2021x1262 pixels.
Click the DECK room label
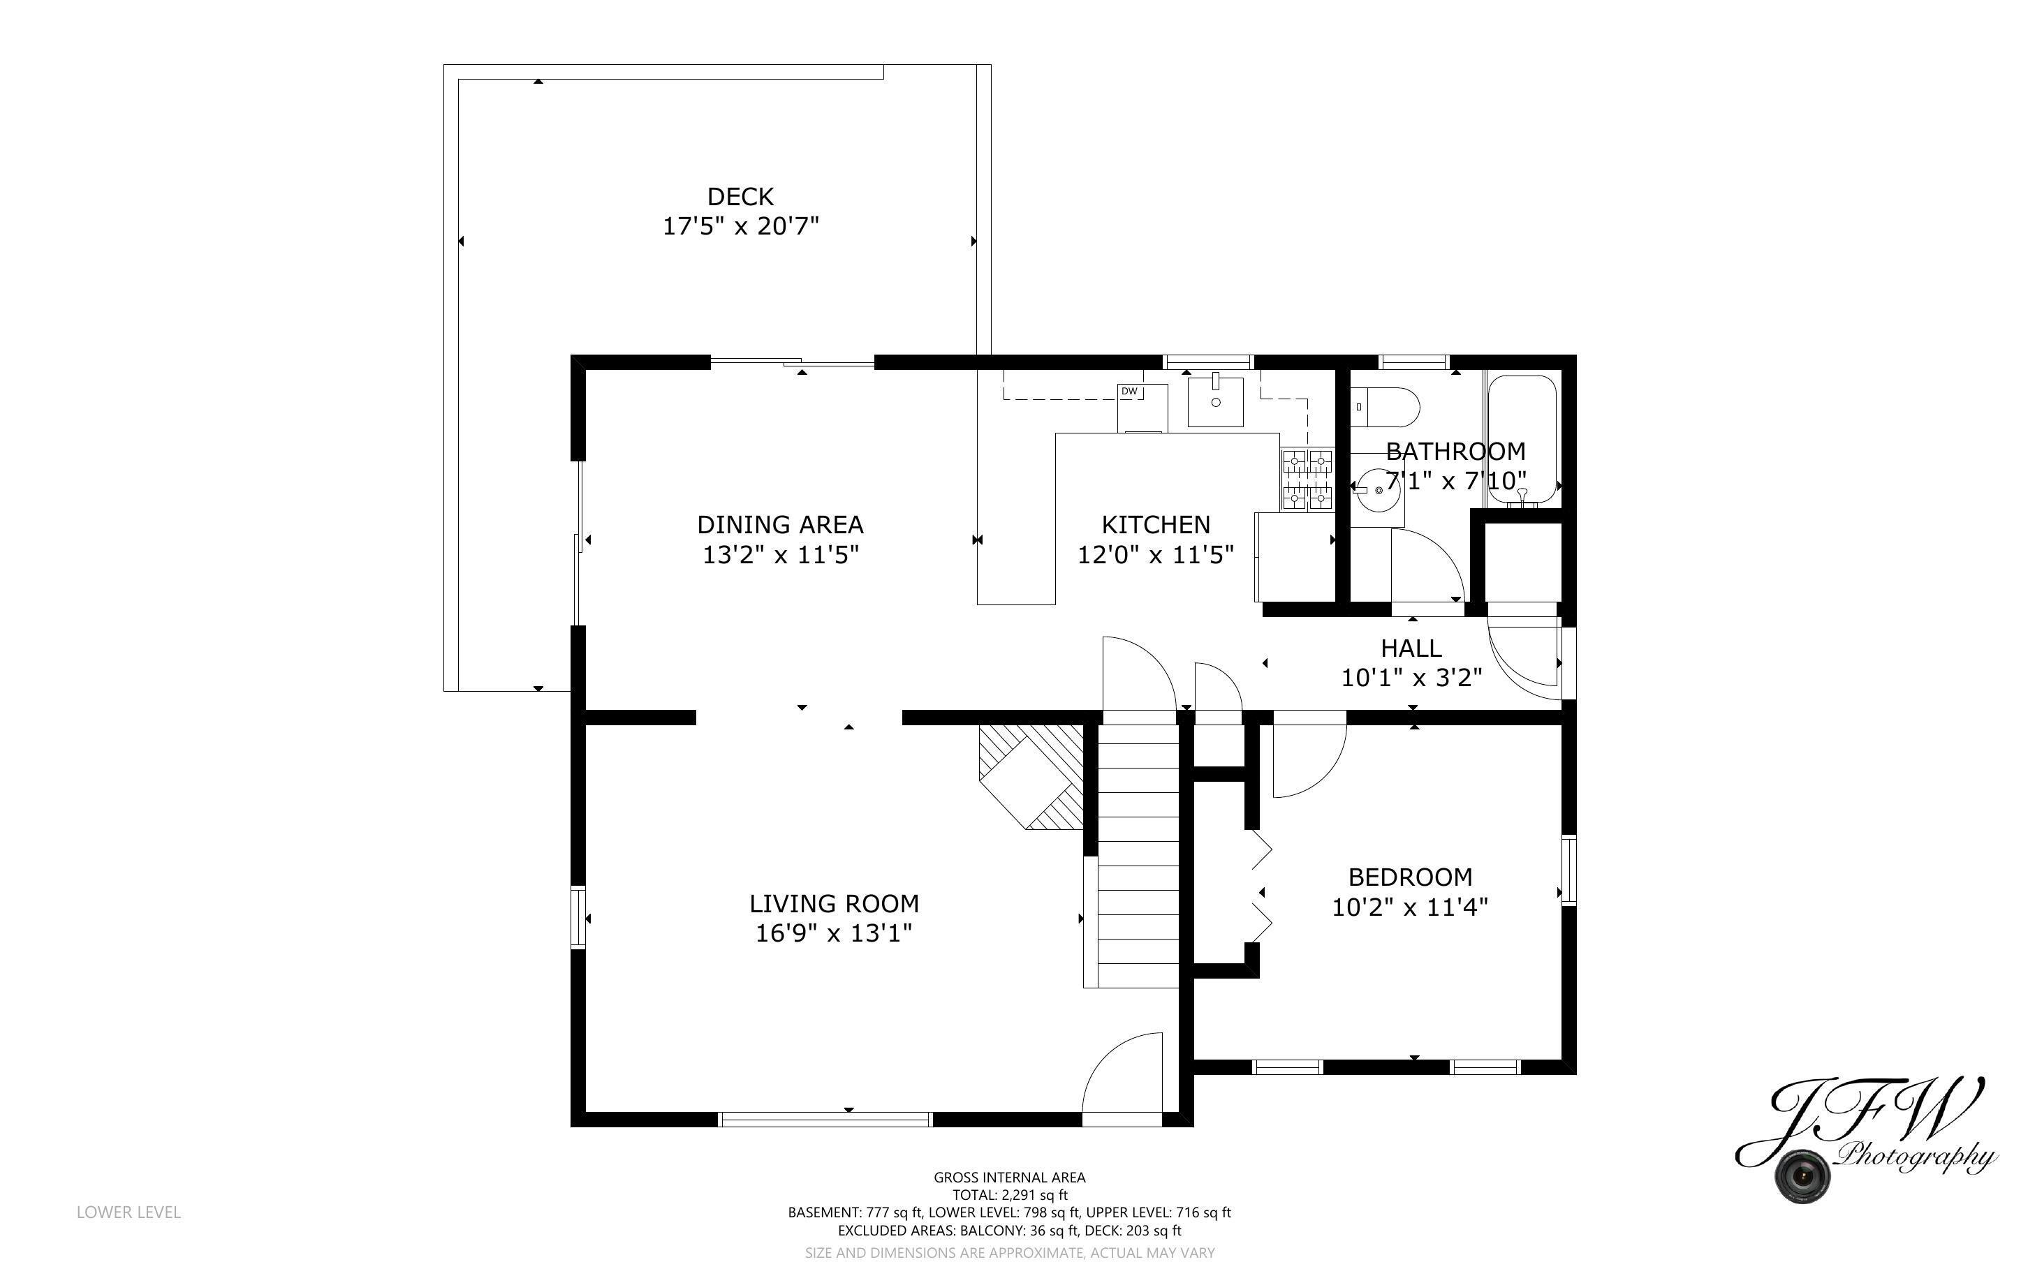740,196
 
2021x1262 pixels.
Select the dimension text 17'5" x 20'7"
740,226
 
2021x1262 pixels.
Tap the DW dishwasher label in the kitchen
1129,392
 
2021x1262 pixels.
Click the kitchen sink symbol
1215,401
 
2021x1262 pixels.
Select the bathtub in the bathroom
1522,439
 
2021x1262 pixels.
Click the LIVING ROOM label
833,903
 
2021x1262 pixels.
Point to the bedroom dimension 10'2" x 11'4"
1409,907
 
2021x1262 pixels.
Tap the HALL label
1410,648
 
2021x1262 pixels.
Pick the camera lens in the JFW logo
1802,1176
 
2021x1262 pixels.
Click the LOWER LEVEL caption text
128,1212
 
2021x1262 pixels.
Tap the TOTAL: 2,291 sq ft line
1009,1194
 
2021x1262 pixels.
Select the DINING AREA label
779,524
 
